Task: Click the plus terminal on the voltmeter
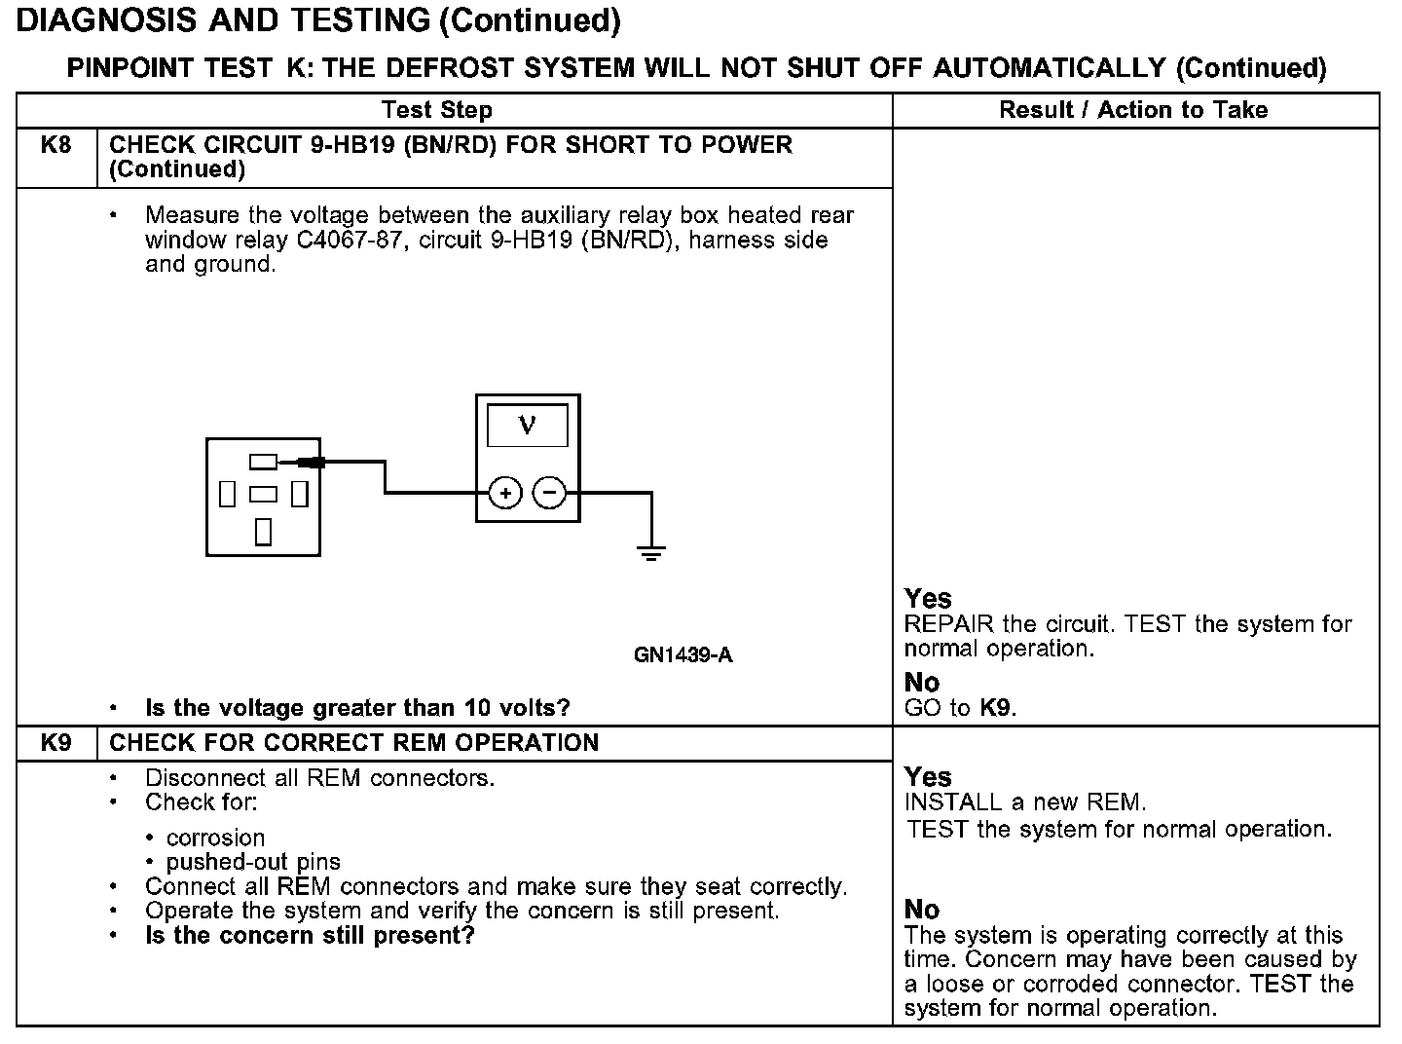[504, 494]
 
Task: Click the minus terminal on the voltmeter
[550, 494]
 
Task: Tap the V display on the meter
[528, 425]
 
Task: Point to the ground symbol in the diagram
[651, 553]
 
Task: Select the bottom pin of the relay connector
[263, 532]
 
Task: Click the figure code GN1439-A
[683, 655]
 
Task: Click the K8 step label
[56, 146]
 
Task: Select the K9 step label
[56, 743]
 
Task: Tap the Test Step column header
[437, 110]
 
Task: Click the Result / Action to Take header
[1133, 110]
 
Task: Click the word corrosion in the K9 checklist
[215, 838]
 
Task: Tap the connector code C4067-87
[348, 240]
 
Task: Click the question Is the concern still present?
[310, 936]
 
